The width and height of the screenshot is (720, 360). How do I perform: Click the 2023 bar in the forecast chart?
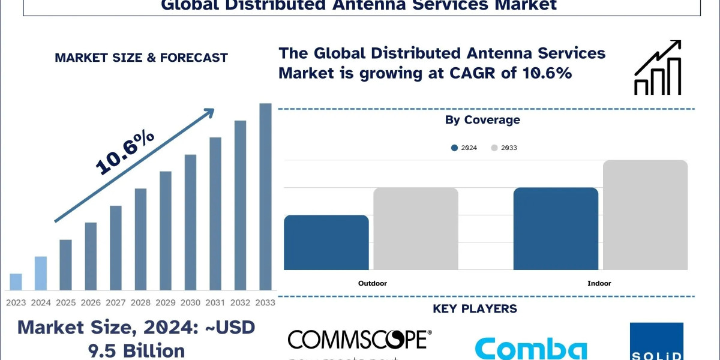pos(16,282)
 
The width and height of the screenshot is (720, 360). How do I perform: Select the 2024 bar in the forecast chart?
pos(40,274)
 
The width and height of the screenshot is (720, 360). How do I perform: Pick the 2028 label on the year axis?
pos(140,302)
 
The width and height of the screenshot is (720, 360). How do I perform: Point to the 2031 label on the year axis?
pos(215,302)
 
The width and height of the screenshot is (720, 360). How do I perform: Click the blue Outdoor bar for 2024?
pos(326,242)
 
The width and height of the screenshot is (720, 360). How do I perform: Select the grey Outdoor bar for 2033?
pos(416,229)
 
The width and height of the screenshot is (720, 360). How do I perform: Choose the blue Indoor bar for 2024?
pos(556,229)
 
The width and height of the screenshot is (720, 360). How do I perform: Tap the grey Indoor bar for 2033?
pos(645,215)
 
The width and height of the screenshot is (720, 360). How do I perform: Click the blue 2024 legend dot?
pos(455,148)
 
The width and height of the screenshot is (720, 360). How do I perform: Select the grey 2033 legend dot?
pos(494,148)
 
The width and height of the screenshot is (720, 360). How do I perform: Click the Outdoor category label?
pos(373,283)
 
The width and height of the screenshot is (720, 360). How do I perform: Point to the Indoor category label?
pos(599,283)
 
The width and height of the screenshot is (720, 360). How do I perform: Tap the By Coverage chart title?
pos(482,120)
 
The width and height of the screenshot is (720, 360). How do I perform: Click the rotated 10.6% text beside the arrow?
pos(125,152)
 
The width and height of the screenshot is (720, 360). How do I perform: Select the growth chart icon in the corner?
pos(658,68)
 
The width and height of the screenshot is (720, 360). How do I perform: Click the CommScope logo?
pos(359,340)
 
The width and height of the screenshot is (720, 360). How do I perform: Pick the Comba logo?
pos(531,348)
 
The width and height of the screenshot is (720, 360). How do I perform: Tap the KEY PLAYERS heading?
pos(475,309)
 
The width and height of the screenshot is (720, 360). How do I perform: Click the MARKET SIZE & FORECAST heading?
pos(141,58)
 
